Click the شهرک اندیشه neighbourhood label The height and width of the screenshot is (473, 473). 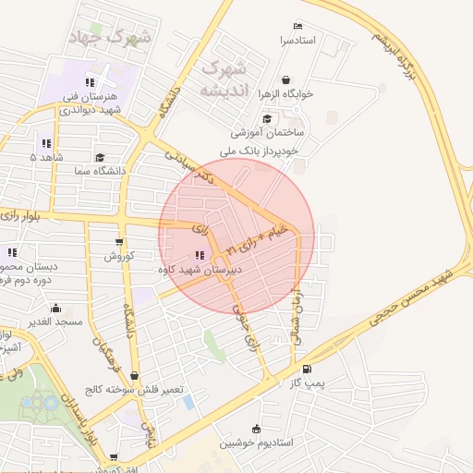click(223, 79)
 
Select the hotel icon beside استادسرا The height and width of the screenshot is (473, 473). click(297, 26)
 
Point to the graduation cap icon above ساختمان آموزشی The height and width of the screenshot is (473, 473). click(267, 118)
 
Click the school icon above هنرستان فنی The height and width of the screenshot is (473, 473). click(89, 82)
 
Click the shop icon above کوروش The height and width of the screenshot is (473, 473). click(116, 241)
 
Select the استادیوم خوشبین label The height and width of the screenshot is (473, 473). click(256, 443)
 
